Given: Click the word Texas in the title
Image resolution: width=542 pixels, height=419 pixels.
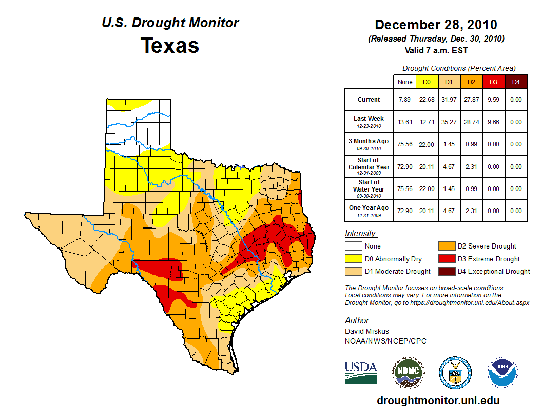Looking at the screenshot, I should coord(170,46).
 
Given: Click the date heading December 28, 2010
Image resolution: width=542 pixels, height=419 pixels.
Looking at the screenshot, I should coord(436,25).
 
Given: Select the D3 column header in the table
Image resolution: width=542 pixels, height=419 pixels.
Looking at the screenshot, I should coord(493,82).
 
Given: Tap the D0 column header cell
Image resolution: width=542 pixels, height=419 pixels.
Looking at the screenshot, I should coord(427,82).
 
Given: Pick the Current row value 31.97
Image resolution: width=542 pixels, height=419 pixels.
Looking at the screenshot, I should coord(449,100).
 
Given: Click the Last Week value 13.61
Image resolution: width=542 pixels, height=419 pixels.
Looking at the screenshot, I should coord(405,122).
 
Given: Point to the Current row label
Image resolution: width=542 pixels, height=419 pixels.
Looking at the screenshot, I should coord(369,100).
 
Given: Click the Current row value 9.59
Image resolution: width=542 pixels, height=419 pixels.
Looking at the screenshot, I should coord(493,100).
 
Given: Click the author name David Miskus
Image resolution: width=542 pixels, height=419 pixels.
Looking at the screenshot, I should coord(366,331).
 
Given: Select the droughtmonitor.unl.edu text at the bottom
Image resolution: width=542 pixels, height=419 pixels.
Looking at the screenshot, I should coord(438,401).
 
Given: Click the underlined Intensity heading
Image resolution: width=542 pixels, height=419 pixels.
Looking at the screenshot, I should coord(361,233).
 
